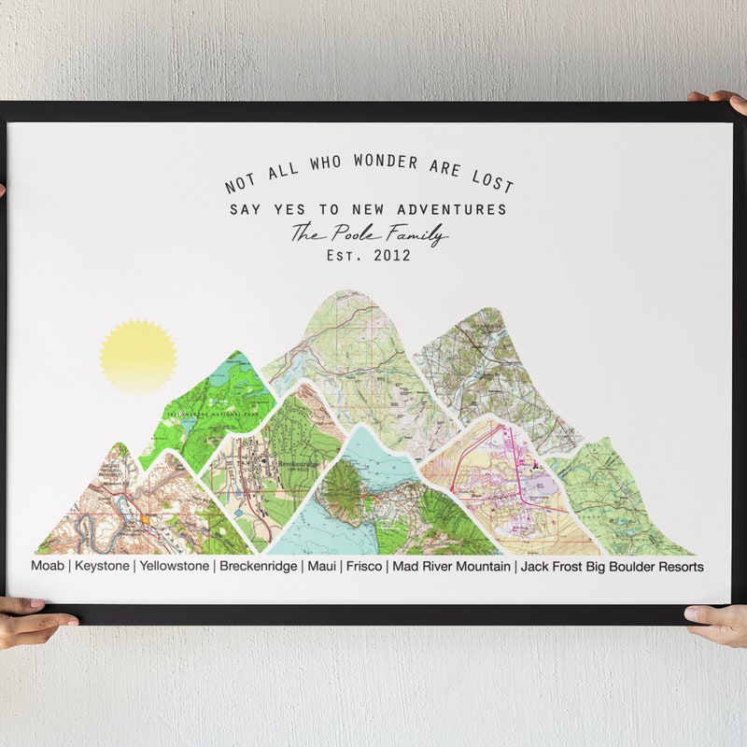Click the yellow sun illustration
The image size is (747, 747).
[x=138, y=356]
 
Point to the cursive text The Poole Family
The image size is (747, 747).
[x=369, y=233]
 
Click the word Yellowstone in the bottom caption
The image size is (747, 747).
[x=176, y=566]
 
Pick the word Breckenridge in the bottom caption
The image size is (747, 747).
[x=259, y=566]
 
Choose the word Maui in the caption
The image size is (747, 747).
[x=321, y=566]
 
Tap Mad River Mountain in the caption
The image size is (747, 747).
[x=451, y=566]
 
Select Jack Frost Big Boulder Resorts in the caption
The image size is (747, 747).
[x=612, y=566]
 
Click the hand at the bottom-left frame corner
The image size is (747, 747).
[x=33, y=621]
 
